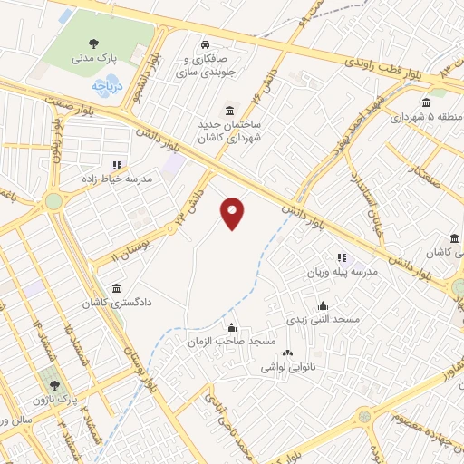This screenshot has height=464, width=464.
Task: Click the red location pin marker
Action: coord(234,213)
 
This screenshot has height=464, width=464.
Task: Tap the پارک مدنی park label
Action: coord(93,58)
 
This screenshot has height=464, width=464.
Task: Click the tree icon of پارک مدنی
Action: coord(93,43)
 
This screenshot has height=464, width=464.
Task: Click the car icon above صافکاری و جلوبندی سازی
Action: coord(206,43)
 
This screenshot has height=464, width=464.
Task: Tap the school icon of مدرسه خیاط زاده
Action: coord(117,165)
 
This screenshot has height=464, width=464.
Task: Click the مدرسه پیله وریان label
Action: coord(351,273)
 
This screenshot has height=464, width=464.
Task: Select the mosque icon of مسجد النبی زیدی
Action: coord(323,306)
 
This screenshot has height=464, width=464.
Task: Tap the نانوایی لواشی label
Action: coord(287,367)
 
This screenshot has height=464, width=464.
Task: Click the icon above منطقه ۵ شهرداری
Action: coord(427,102)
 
